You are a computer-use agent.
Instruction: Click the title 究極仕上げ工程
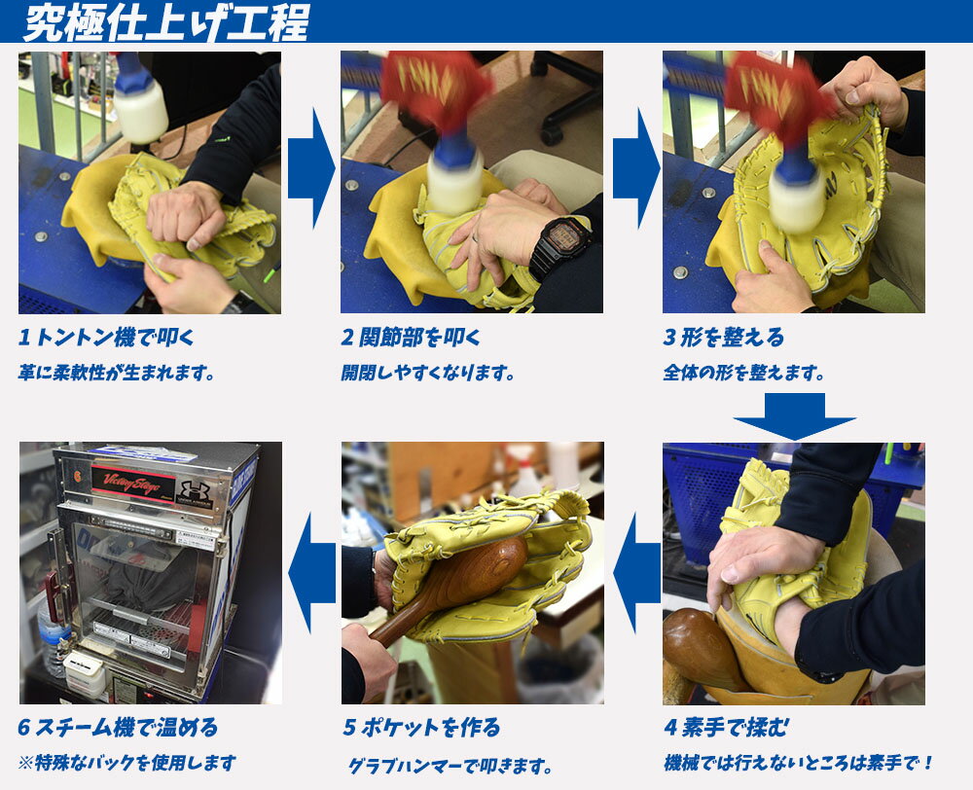166,22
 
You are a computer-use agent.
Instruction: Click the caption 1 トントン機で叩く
106,338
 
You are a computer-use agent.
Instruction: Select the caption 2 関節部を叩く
411,338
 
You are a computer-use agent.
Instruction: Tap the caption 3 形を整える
724,338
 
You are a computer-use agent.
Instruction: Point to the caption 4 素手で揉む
727,728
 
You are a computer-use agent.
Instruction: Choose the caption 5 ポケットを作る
422,728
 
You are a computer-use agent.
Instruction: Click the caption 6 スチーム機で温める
118,728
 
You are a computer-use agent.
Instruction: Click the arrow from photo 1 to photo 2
311,168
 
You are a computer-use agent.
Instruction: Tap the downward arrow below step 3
794,416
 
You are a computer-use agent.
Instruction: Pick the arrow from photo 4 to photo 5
636,573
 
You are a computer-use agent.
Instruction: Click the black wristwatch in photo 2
560,245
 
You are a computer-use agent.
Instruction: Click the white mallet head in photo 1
140,113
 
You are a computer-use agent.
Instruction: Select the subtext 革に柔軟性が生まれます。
117,373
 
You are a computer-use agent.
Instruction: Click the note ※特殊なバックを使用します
127,763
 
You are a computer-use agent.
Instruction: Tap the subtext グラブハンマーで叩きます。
450,766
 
